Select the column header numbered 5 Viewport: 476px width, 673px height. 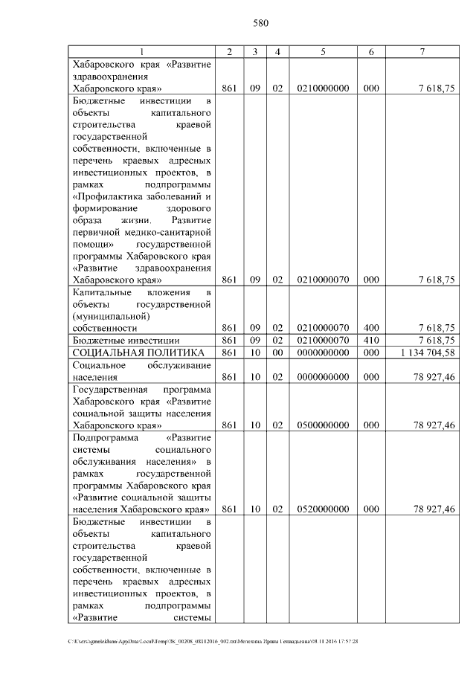[323, 51]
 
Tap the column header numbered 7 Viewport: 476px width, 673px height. [422, 51]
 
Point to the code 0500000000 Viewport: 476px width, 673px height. [323, 425]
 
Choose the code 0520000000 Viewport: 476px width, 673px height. [323, 509]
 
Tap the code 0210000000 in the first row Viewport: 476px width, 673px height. [323, 88]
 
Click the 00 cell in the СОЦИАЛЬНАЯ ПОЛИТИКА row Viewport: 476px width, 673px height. [277, 352]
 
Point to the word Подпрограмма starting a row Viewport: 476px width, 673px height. [104, 438]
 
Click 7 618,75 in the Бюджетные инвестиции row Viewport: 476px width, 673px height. [437, 340]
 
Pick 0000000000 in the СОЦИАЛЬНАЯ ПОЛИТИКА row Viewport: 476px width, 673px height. [323, 352]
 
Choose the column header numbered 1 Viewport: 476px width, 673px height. [142, 51]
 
